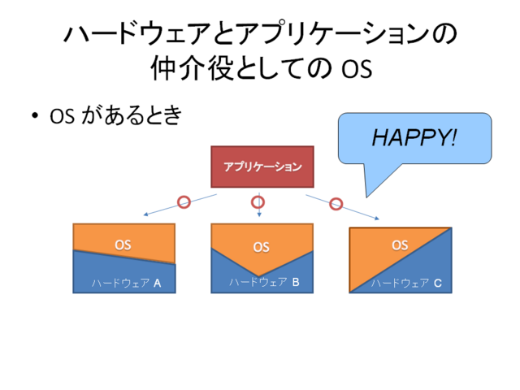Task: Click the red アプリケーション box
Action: pos(262,167)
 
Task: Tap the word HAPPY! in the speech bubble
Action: pos(414,137)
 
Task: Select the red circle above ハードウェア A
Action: pos(184,202)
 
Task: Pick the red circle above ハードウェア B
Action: pos(258,202)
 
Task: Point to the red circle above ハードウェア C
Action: pos(336,204)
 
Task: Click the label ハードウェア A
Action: pos(127,284)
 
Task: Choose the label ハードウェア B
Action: pos(264,282)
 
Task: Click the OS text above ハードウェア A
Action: pos(123,245)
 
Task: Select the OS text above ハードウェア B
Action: pos(262,247)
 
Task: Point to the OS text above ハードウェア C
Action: pos(400,245)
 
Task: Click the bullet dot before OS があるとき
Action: pos(34,115)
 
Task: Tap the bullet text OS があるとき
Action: pos(115,115)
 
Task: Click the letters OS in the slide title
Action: pos(357,69)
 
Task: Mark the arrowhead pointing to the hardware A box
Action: pos(145,214)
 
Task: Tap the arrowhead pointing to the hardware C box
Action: pos(377,219)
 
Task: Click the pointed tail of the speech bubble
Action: pos(366,196)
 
